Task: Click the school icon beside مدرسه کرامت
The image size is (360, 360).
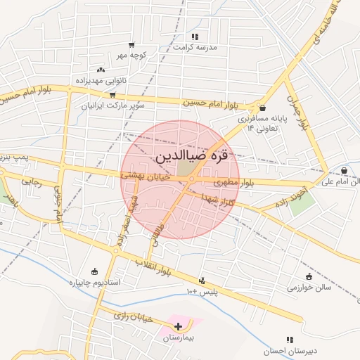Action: [x=195, y=36]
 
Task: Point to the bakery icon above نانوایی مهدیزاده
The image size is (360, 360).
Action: [x=101, y=70]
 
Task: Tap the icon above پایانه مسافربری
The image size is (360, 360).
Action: [x=262, y=108]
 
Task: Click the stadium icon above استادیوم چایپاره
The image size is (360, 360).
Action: [x=95, y=271]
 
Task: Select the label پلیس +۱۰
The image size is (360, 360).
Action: [x=202, y=290]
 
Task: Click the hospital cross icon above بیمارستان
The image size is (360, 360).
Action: [x=178, y=326]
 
